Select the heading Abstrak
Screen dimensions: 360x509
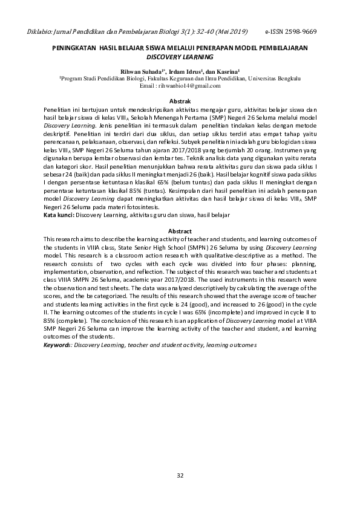180,100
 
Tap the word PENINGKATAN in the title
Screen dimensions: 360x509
71,47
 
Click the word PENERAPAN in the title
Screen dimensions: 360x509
224,47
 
